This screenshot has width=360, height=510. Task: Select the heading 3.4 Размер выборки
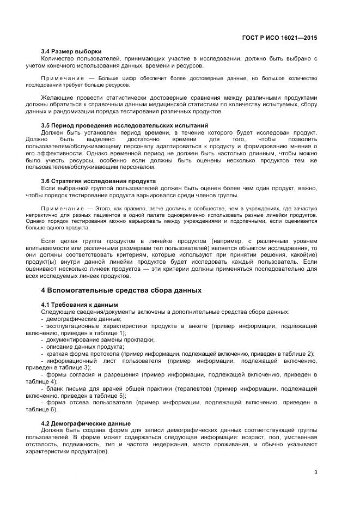71,51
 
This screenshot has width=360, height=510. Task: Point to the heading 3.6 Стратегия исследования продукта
99,181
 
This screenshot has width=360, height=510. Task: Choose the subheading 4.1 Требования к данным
80,304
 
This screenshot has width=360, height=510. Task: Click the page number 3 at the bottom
316,472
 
